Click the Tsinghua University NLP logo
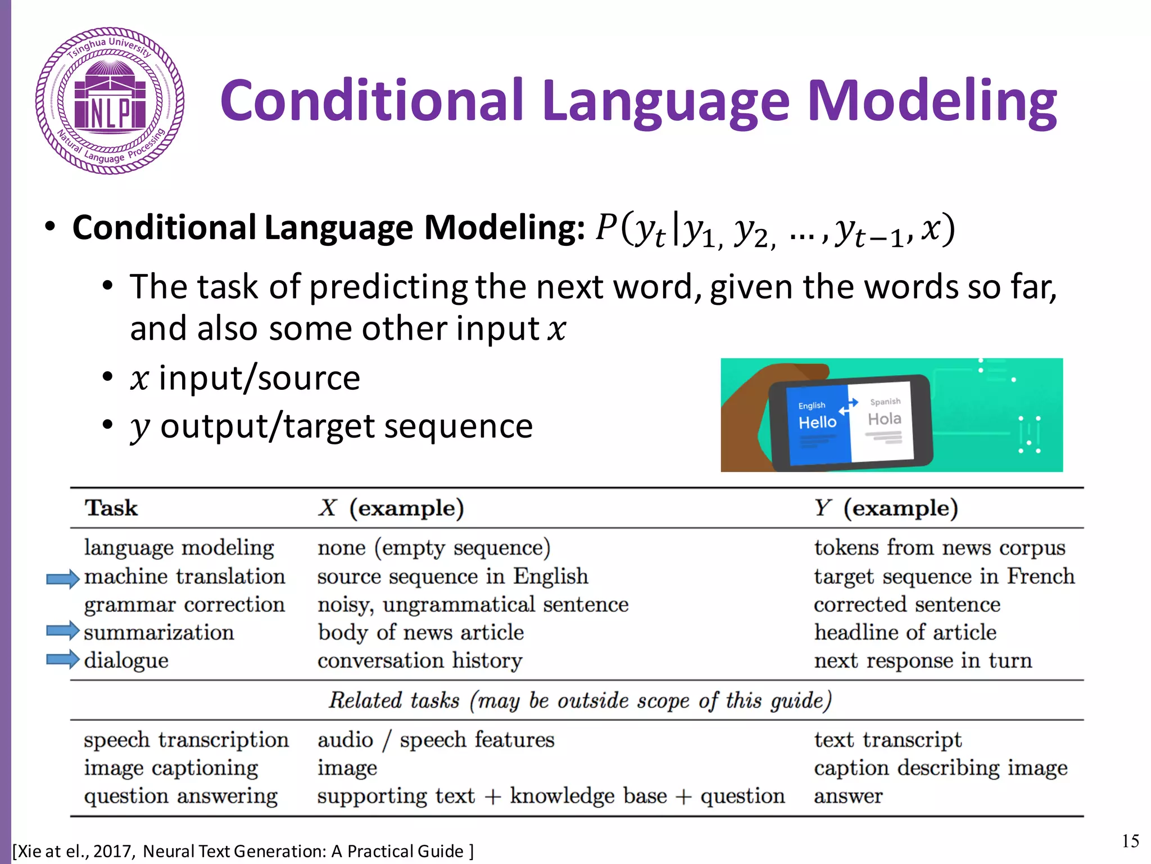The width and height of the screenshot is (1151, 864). [110, 101]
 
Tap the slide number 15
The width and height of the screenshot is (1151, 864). [1130, 841]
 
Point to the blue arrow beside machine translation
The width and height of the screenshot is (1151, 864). [62, 578]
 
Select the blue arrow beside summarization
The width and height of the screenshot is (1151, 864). [62, 631]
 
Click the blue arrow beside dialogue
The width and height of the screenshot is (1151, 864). [62, 659]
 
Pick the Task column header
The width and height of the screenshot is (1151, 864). [111, 508]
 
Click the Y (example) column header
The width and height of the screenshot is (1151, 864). [886, 508]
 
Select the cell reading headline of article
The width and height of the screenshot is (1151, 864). [905, 632]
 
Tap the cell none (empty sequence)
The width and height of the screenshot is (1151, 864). [433, 548]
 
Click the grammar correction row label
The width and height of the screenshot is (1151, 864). [184, 605]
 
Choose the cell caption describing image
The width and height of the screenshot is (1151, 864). [940, 768]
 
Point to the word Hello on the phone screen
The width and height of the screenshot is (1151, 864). [817, 422]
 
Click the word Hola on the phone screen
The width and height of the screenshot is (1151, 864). [884, 419]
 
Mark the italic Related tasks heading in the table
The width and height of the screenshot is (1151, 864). [579, 701]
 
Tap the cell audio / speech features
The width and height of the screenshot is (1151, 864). [436, 740]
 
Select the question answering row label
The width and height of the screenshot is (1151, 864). [180, 796]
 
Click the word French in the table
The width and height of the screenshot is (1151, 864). [1040, 577]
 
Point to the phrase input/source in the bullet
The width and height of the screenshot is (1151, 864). [259, 377]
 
